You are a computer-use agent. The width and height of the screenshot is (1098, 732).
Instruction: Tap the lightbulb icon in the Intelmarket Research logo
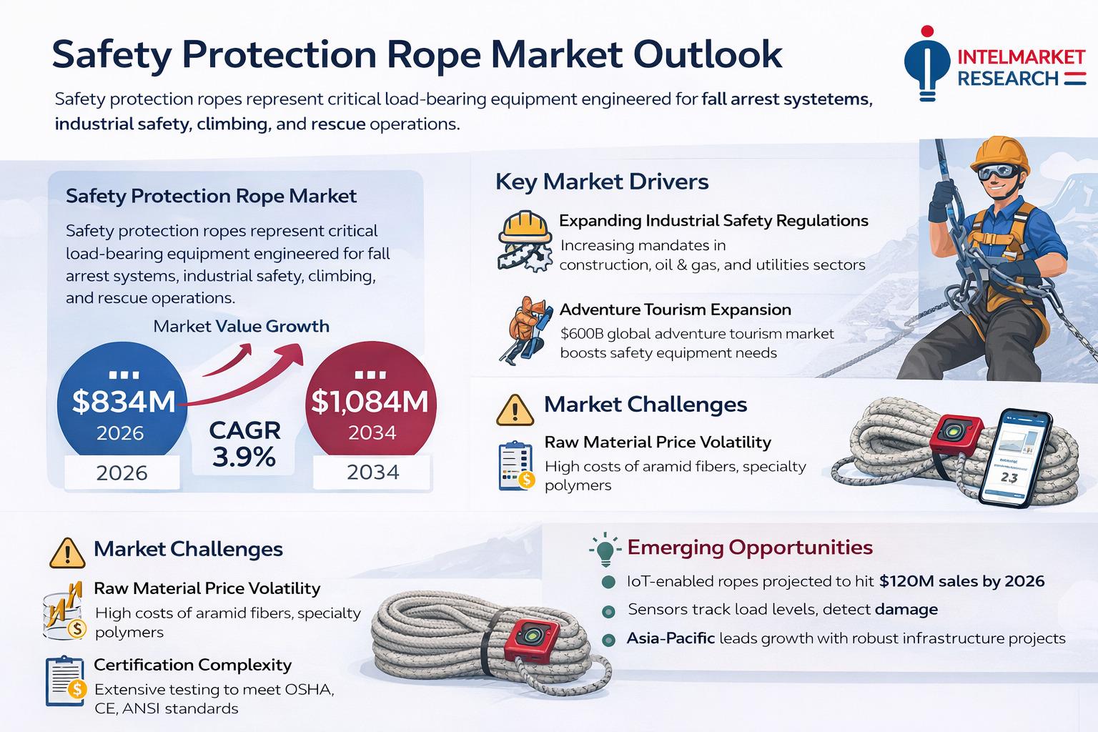tap(927, 64)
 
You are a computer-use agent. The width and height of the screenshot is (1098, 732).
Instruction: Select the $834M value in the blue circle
tap(124, 402)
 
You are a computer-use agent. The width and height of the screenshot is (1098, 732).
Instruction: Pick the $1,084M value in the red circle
tap(370, 402)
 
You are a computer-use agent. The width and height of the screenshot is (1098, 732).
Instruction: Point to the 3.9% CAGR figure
tap(244, 457)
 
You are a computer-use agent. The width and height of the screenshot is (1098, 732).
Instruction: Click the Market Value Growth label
tap(241, 326)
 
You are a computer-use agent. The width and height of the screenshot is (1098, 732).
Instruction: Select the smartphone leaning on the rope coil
tap(1014, 457)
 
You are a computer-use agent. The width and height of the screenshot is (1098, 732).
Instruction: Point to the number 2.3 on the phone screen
tap(1009, 477)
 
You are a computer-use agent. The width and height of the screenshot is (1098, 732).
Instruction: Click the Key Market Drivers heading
tap(602, 182)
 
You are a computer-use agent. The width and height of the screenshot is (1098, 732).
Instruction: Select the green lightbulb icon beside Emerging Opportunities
tap(605, 549)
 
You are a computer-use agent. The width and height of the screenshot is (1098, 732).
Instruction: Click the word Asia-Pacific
tap(671, 638)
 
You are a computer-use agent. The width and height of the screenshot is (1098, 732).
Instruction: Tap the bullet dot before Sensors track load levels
tap(608, 611)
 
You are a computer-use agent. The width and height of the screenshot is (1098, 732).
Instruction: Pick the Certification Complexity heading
tap(192, 665)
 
